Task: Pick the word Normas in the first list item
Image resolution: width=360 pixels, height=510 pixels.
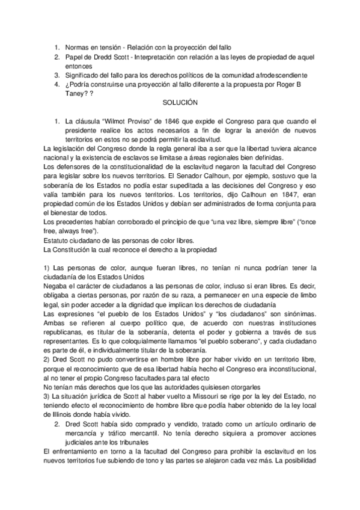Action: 79,48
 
